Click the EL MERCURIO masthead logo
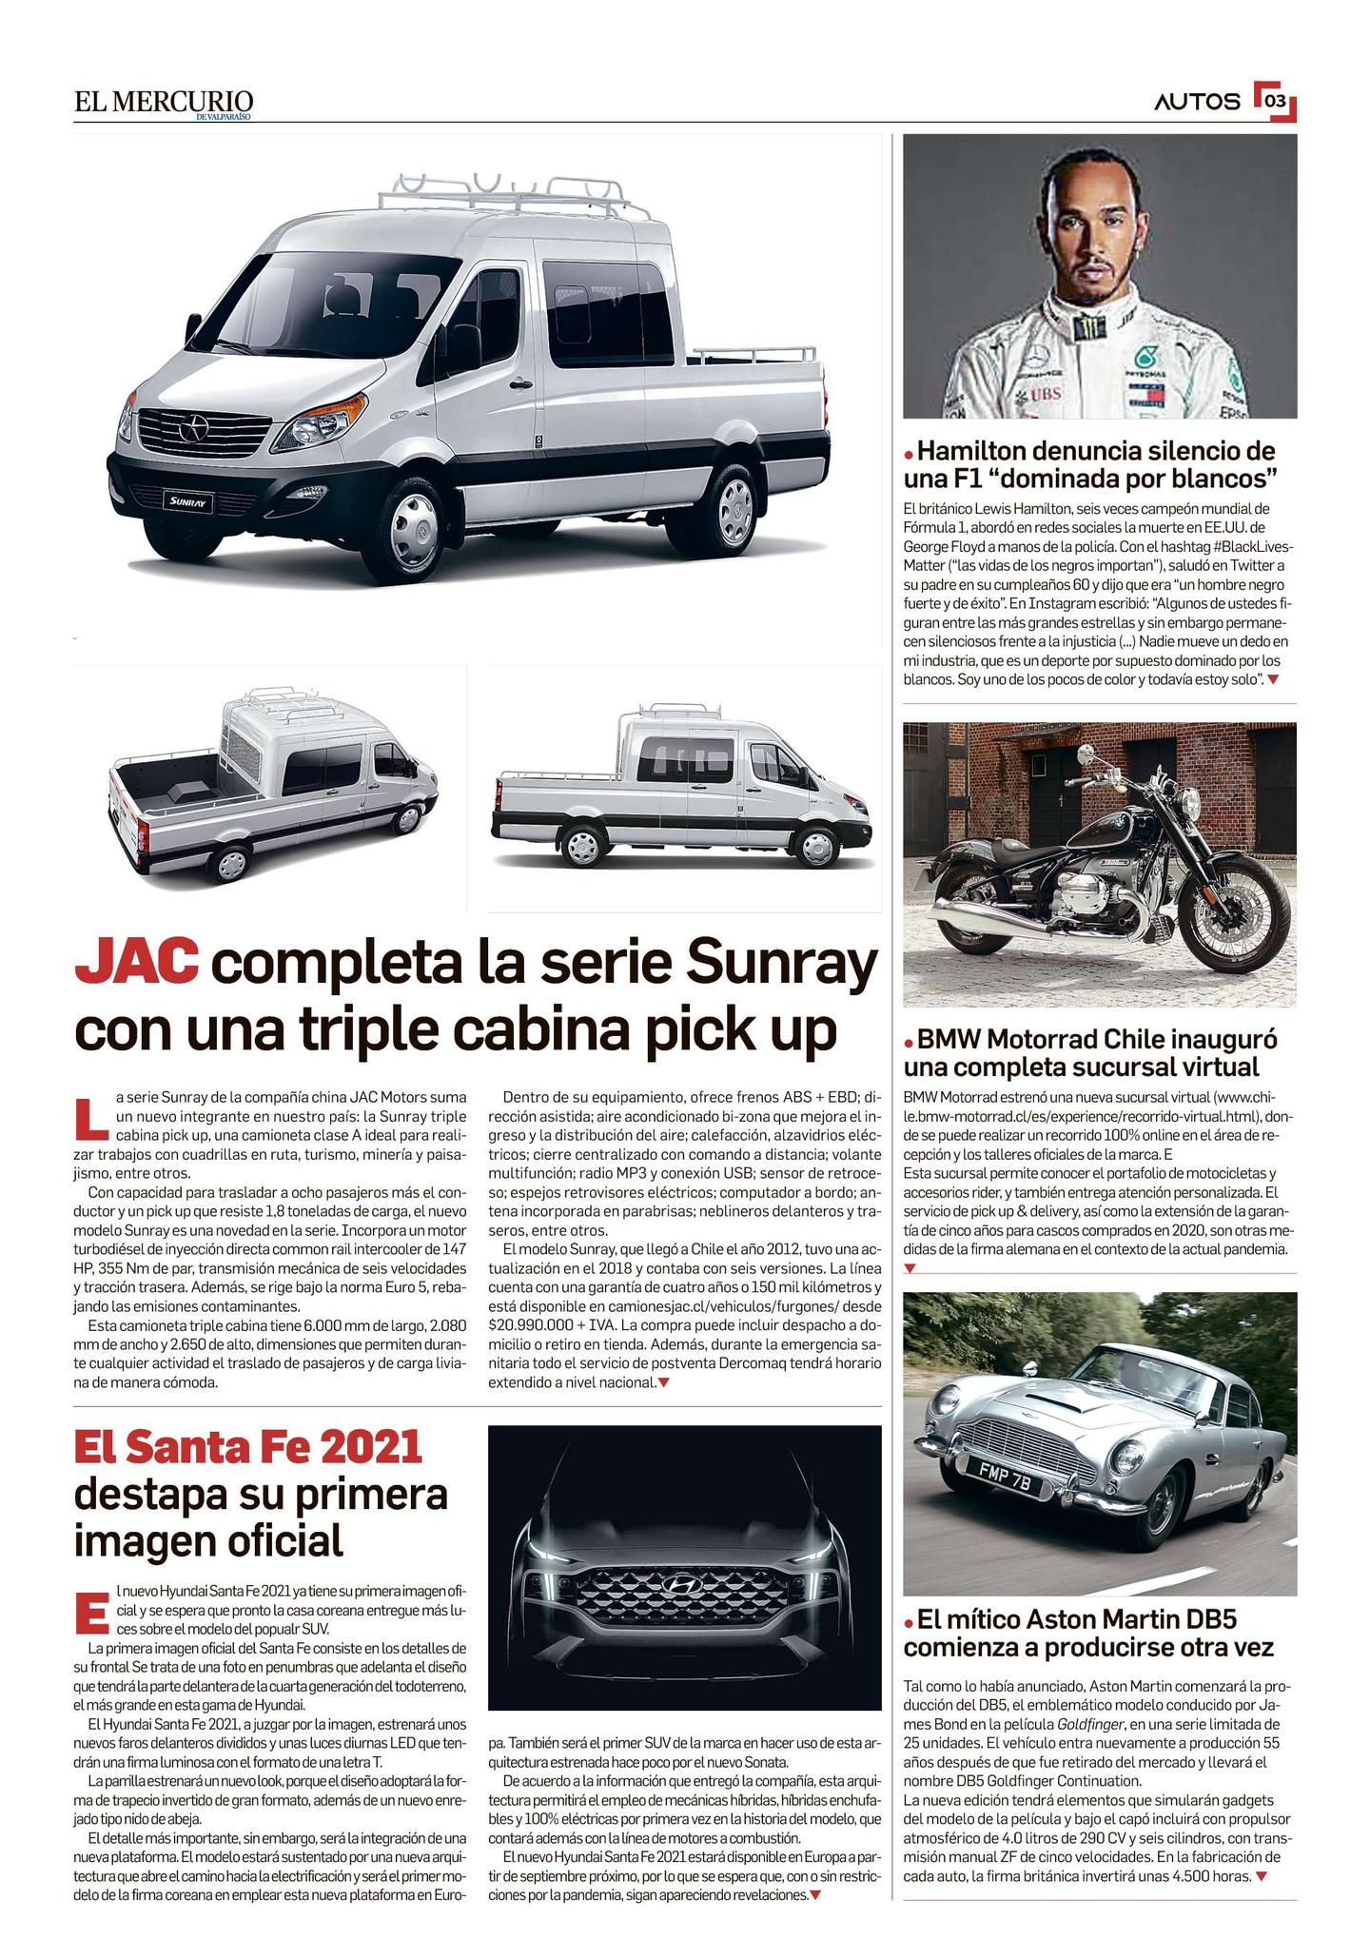point(165,103)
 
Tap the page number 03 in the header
point(1275,101)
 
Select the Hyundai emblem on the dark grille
point(680,1583)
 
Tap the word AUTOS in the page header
point(1198,102)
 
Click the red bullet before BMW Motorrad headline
point(910,1040)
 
